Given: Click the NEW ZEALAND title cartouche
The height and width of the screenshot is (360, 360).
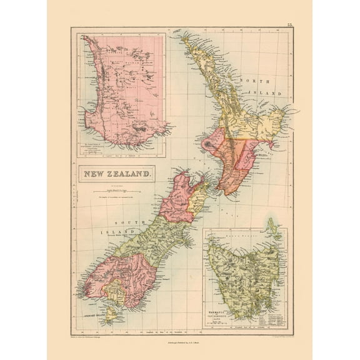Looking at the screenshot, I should [x=116, y=174].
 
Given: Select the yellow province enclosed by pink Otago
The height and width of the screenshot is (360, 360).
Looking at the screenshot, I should [x=115, y=288].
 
